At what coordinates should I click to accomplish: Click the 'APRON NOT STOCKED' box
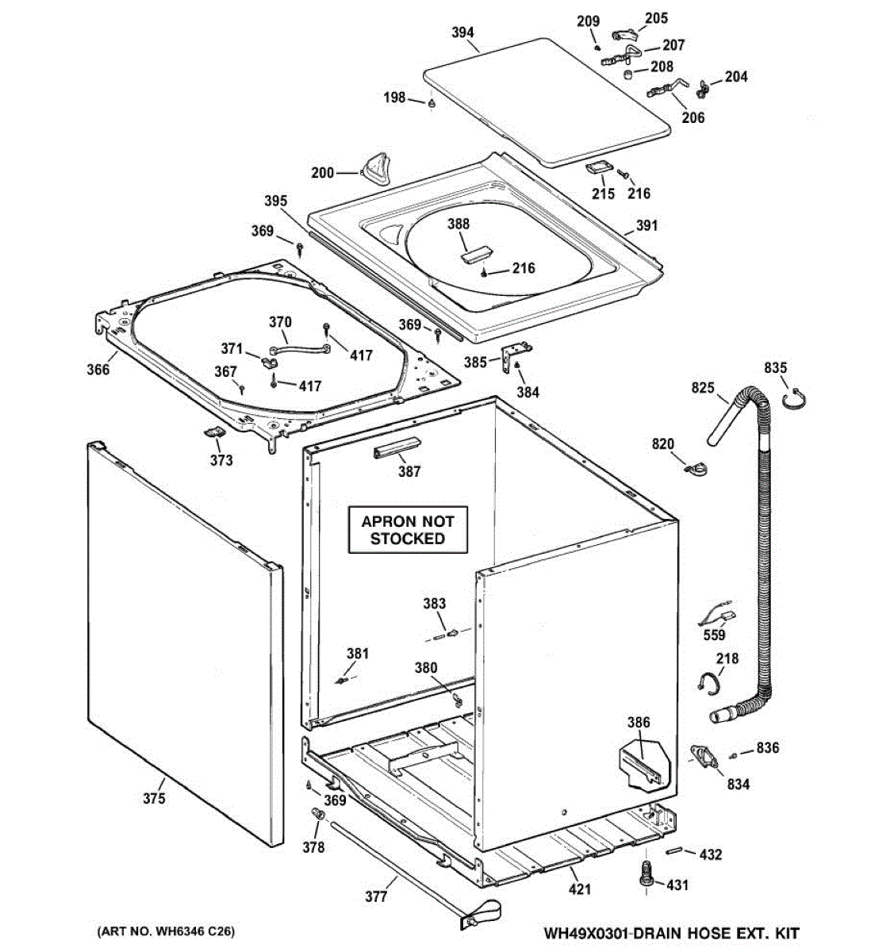pyautogui.click(x=408, y=530)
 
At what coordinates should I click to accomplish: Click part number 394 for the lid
pyautogui.click(x=462, y=33)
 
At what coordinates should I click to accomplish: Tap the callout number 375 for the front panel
pyautogui.click(x=154, y=798)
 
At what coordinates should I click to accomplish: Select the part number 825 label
pyautogui.click(x=703, y=388)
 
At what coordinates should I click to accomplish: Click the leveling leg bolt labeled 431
pyautogui.click(x=644, y=876)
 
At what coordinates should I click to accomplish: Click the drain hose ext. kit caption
pyautogui.click(x=671, y=933)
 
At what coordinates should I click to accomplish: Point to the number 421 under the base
pyautogui.click(x=580, y=889)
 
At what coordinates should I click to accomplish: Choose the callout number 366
pyautogui.click(x=98, y=369)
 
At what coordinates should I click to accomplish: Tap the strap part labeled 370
pyautogui.click(x=301, y=349)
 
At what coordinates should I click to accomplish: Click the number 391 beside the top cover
pyautogui.click(x=647, y=225)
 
